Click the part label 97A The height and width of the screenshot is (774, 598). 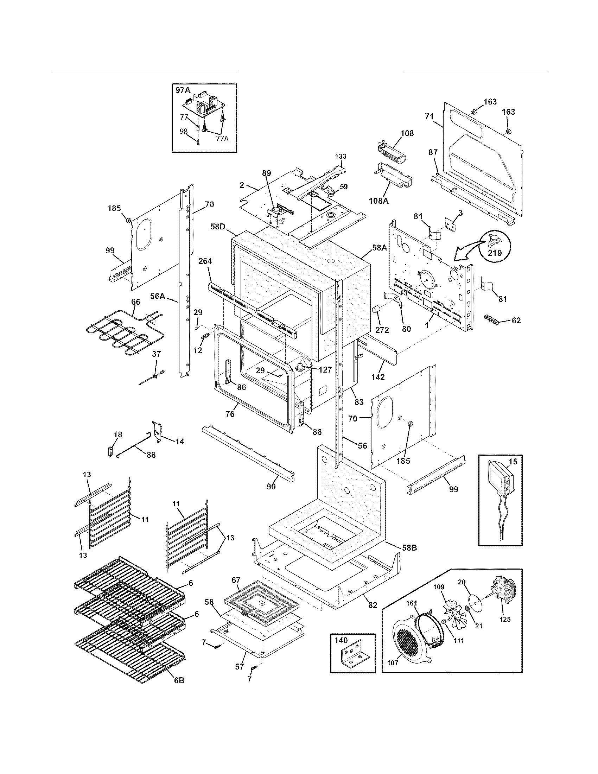point(183,90)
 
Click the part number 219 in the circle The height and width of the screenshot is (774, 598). point(495,253)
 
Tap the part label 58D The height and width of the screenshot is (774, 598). point(218,226)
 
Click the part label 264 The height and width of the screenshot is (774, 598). point(205,261)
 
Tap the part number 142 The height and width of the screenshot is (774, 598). point(378,378)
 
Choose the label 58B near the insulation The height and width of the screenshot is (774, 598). point(409,547)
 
